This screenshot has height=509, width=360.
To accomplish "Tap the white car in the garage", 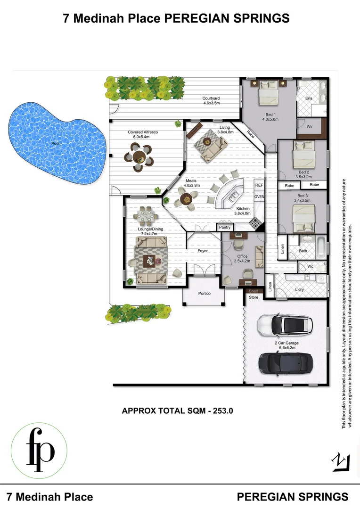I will click(285, 324).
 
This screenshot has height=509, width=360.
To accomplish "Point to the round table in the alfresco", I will click(140, 157).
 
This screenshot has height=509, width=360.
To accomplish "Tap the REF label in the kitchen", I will click(259, 186).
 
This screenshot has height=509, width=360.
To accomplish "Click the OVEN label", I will click(259, 197).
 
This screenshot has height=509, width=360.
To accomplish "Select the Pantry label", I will click(224, 228).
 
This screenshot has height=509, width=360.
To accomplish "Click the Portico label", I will click(204, 294).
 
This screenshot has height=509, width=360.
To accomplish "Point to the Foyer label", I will click(203, 251).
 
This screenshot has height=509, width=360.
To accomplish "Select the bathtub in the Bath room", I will click(320, 247).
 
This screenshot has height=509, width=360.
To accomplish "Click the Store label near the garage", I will click(254, 297).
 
